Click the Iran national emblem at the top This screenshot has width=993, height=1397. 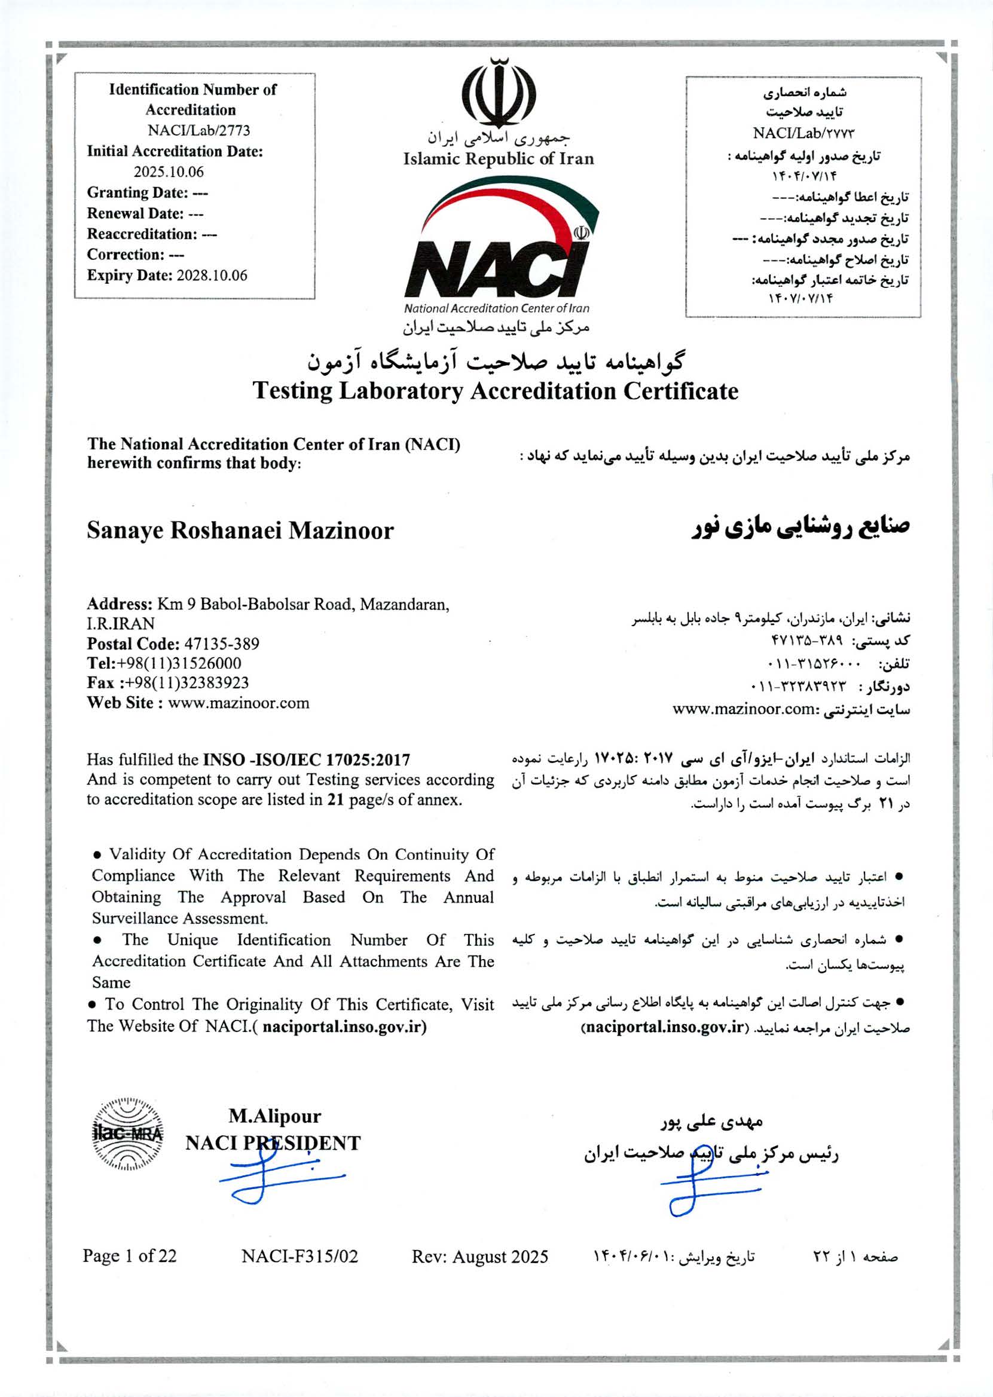(499, 92)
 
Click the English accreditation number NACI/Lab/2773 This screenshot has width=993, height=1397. (198, 131)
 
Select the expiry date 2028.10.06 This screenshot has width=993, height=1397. (212, 275)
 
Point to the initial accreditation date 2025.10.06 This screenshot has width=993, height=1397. (169, 171)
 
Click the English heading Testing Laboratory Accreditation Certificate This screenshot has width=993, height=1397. (495, 391)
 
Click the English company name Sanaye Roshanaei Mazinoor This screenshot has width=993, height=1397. (240, 531)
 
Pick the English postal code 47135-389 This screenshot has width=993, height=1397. (221, 644)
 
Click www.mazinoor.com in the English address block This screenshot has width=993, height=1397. (239, 703)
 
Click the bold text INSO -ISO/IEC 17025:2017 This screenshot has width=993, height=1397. (306, 759)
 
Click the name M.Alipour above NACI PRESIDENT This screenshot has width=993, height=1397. (274, 1117)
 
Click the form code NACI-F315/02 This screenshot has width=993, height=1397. (300, 1257)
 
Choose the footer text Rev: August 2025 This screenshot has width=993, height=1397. (479, 1257)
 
